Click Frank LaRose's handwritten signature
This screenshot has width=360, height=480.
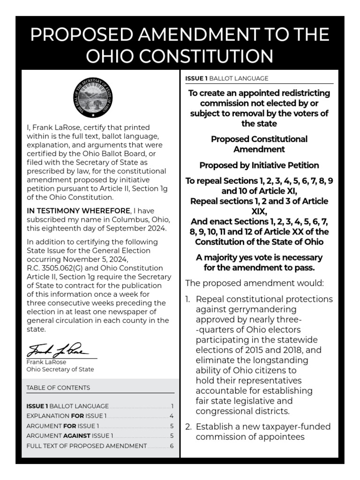click(57, 350)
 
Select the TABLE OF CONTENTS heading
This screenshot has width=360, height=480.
click(58, 388)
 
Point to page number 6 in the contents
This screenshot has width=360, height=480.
click(172, 446)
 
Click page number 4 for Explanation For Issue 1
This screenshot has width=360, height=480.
click(172, 416)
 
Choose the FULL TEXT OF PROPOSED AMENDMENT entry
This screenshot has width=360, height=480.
click(87, 446)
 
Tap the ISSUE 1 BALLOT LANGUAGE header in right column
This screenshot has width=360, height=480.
click(227, 78)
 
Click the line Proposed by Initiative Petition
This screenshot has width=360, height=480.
click(259, 165)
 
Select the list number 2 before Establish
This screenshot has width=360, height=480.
click(188, 427)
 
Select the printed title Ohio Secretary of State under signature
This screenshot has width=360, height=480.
click(60, 369)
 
